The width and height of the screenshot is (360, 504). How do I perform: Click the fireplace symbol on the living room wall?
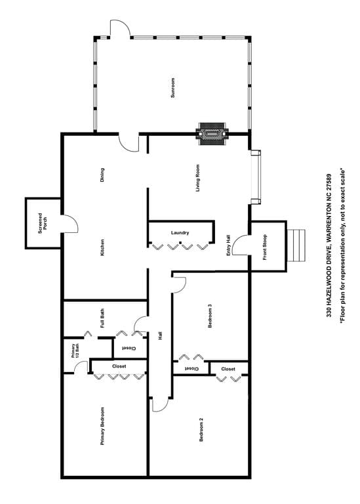point(212,133)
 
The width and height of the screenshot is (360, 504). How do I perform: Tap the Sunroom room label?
point(172,88)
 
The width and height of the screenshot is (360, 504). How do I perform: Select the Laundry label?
point(180,233)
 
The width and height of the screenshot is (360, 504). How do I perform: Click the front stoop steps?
point(296,245)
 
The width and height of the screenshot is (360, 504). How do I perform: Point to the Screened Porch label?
point(43,223)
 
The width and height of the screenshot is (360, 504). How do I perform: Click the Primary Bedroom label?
point(102,426)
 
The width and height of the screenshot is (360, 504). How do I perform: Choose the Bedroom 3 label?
point(210,316)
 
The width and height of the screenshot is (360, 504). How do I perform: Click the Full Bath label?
point(102,318)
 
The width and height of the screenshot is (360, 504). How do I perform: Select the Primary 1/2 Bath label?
point(75,351)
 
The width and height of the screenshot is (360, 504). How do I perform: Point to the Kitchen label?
point(102,247)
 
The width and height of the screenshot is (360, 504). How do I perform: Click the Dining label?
point(102,175)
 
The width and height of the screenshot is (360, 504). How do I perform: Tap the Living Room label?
point(197,178)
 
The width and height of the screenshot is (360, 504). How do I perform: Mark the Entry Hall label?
point(228,245)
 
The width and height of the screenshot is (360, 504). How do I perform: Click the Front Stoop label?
point(265,247)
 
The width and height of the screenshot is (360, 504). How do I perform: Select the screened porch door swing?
point(70,224)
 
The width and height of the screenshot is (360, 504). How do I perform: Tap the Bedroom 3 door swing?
point(178,284)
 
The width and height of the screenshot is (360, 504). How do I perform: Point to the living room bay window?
point(256,177)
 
